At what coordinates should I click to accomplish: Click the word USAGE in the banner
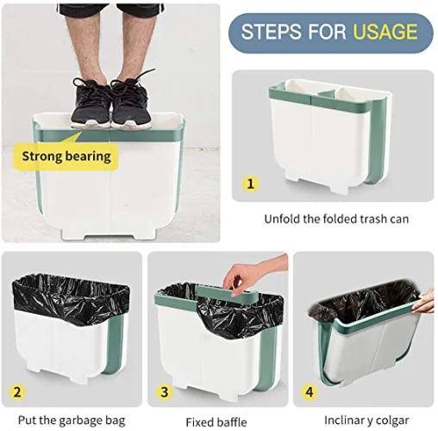click(x=385, y=33)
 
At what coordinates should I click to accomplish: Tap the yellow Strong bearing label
click(x=66, y=156)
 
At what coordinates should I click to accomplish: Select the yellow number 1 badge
click(x=251, y=184)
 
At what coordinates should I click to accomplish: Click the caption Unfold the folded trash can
click(x=336, y=219)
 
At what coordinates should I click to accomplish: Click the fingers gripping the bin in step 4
click(x=423, y=303)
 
